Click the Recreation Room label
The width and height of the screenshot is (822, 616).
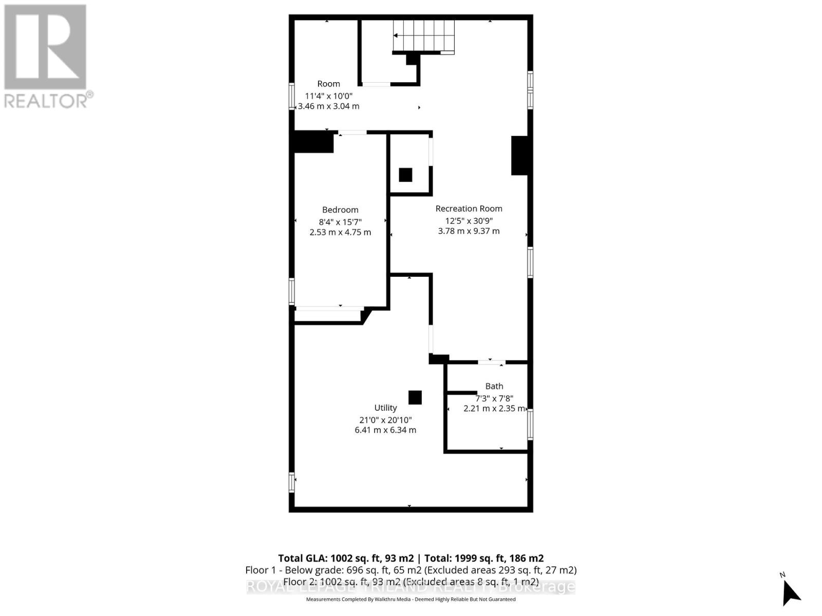[x=469, y=208]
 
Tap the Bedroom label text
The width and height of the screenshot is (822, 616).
[x=340, y=209]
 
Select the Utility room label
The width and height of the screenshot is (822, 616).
[x=385, y=408]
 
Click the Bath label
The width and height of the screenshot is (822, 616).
[x=494, y=386]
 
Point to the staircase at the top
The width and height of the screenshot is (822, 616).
[x=424, y=36]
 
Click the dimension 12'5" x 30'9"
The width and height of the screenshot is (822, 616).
[x=469, y=220]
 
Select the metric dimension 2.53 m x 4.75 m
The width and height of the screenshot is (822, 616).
[x=340, y=232]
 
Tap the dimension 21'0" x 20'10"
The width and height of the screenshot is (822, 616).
[x=385, y=419]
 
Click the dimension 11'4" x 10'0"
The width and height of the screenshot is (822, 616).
[x=329, y=95]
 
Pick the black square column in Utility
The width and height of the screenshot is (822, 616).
[x=415, y=397]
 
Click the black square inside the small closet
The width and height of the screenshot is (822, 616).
[x=405, y=175]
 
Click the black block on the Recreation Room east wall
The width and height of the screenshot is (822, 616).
[x=519, y=155]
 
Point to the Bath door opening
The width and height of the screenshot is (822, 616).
[x=491, y=363]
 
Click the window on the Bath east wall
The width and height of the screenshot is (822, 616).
[x=530, y=424]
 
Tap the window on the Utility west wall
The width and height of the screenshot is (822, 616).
[x=292, y=483]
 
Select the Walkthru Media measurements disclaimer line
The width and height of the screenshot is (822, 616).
[x=410, y=599]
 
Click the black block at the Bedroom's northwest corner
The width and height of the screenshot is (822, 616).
[x=313, y=142]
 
